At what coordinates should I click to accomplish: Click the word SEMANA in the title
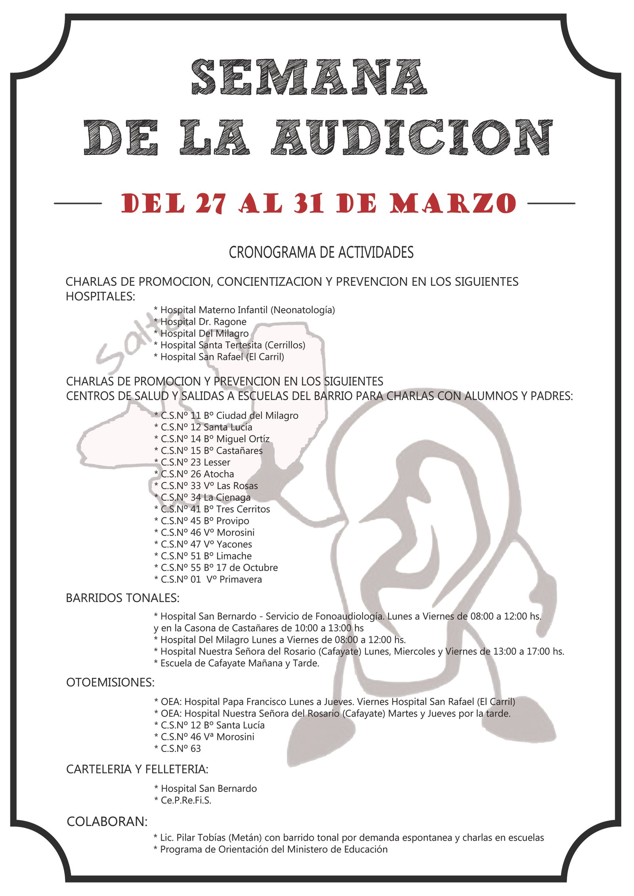(x=309, y=77)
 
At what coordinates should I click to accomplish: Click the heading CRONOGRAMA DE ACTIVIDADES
(x=321, y=253)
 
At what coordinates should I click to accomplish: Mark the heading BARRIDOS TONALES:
(x=122, y=598)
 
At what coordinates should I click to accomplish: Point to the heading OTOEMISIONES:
(x=110, y=683)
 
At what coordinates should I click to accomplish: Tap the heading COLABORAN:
(x=107, y=822)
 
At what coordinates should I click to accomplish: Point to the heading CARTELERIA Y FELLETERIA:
(x=137, y=769)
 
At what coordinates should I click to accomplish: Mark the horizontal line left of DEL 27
(x=78, y=204)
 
